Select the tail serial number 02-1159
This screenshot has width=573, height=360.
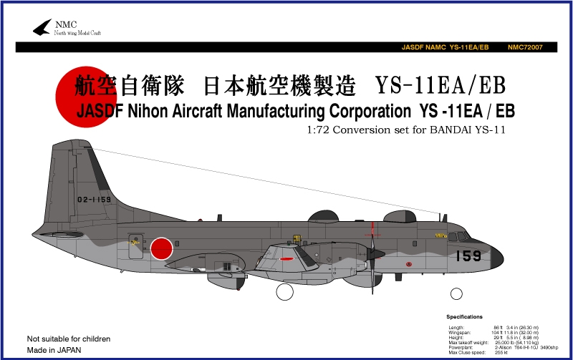[95, 200]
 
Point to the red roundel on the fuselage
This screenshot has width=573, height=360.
[163, 248]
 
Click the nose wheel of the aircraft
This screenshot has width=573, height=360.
[456, 293]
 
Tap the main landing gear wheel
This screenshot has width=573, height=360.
[284, 291]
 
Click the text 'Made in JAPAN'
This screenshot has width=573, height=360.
[54, 350]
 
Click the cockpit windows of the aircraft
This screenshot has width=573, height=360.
[458, 235]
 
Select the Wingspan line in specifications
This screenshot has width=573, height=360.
[494, 332]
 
